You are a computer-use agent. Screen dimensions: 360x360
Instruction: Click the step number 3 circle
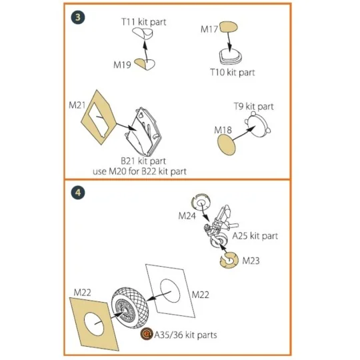tap(78, 17)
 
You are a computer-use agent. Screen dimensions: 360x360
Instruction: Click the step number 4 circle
tap(78, 193)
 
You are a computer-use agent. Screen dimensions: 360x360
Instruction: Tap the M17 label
tap(209, 29)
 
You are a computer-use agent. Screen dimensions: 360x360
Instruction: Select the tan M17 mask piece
tap(229, 27)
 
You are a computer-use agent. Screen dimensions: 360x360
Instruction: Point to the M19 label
tap(122, 65)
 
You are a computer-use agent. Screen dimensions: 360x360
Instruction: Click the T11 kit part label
tap(144, 22)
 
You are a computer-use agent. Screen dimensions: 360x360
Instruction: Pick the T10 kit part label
tap(233, 72)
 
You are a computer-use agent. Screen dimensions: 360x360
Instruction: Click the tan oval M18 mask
tap(226, 145)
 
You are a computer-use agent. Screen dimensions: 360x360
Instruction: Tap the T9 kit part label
tap(254, 106)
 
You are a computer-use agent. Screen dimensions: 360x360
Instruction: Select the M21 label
tap(77, 105)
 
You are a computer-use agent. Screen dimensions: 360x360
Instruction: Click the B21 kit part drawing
tap(143, 131)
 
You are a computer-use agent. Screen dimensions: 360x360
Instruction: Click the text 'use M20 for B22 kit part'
tap(139, 171)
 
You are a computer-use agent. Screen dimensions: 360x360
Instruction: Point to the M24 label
tap(187, 216)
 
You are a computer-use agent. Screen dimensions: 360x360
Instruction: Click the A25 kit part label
tap(255, 236)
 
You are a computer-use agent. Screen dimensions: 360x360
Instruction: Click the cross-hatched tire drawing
tap(130, 307)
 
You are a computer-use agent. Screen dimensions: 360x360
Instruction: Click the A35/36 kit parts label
tap(185, 335)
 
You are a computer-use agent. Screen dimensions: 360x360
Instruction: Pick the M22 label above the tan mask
tap(82, 293)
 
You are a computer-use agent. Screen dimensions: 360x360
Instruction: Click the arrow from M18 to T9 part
tap(244, 133)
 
